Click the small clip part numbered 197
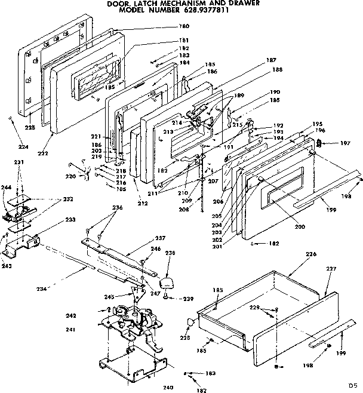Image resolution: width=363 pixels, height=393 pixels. click(x=319, y=143)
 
